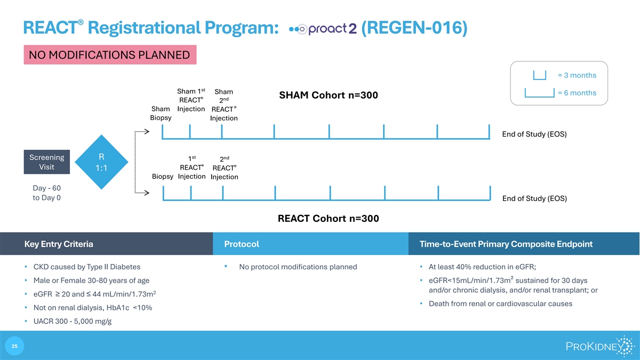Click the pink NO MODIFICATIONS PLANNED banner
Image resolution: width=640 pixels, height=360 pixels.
[110, 54]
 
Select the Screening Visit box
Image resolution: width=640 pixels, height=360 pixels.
[46, 162]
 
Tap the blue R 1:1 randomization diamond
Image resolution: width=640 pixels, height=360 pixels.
[101, 162]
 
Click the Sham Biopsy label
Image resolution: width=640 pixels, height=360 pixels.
[161, 113]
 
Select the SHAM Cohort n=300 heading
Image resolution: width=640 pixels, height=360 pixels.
[329, 95]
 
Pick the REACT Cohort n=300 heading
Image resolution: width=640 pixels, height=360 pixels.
[329, 219]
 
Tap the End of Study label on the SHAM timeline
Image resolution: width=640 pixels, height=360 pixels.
[534, 134]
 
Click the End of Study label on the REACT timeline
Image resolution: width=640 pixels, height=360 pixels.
[534, 198]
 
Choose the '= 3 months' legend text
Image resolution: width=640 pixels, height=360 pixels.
[577, 75]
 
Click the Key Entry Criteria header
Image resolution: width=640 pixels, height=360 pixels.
[59, 244]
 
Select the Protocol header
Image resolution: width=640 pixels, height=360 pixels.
[242, 244]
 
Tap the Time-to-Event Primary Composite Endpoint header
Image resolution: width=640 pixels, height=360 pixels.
[506, 244]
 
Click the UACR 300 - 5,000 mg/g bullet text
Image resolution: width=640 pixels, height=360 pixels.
[73, 321]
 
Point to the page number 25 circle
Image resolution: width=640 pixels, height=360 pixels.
[14, 346]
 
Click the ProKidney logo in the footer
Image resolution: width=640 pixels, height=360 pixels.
[599, 346]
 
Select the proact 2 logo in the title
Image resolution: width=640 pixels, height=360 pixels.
[323, 29]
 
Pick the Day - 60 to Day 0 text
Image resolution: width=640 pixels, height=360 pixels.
[46, 193]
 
